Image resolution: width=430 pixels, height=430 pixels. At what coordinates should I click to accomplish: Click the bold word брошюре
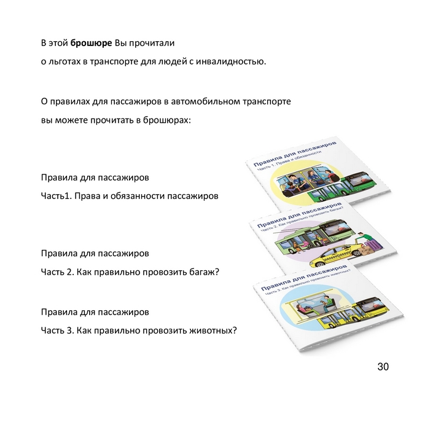pos(91,44)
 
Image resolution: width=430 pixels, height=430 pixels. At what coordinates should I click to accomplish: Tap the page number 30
pos(383,367)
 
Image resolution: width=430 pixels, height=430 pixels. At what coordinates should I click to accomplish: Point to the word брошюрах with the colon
pos(166,120)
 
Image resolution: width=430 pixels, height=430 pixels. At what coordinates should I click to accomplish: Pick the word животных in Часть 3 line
pos(213,330)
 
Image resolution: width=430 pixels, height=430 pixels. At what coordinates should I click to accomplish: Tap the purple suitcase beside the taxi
pos(373,244)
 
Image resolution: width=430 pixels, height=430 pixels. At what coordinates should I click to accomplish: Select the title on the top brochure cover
pos(295,154)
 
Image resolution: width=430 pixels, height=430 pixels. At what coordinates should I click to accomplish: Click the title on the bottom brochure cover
pos(304,277)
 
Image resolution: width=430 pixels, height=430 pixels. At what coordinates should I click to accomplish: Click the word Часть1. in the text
pos(57,196)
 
